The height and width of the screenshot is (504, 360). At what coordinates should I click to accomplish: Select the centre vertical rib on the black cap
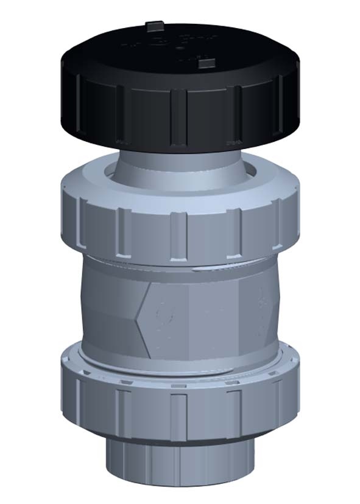pos(178,116)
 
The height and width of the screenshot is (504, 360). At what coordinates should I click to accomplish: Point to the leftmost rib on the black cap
pos(79,97)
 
